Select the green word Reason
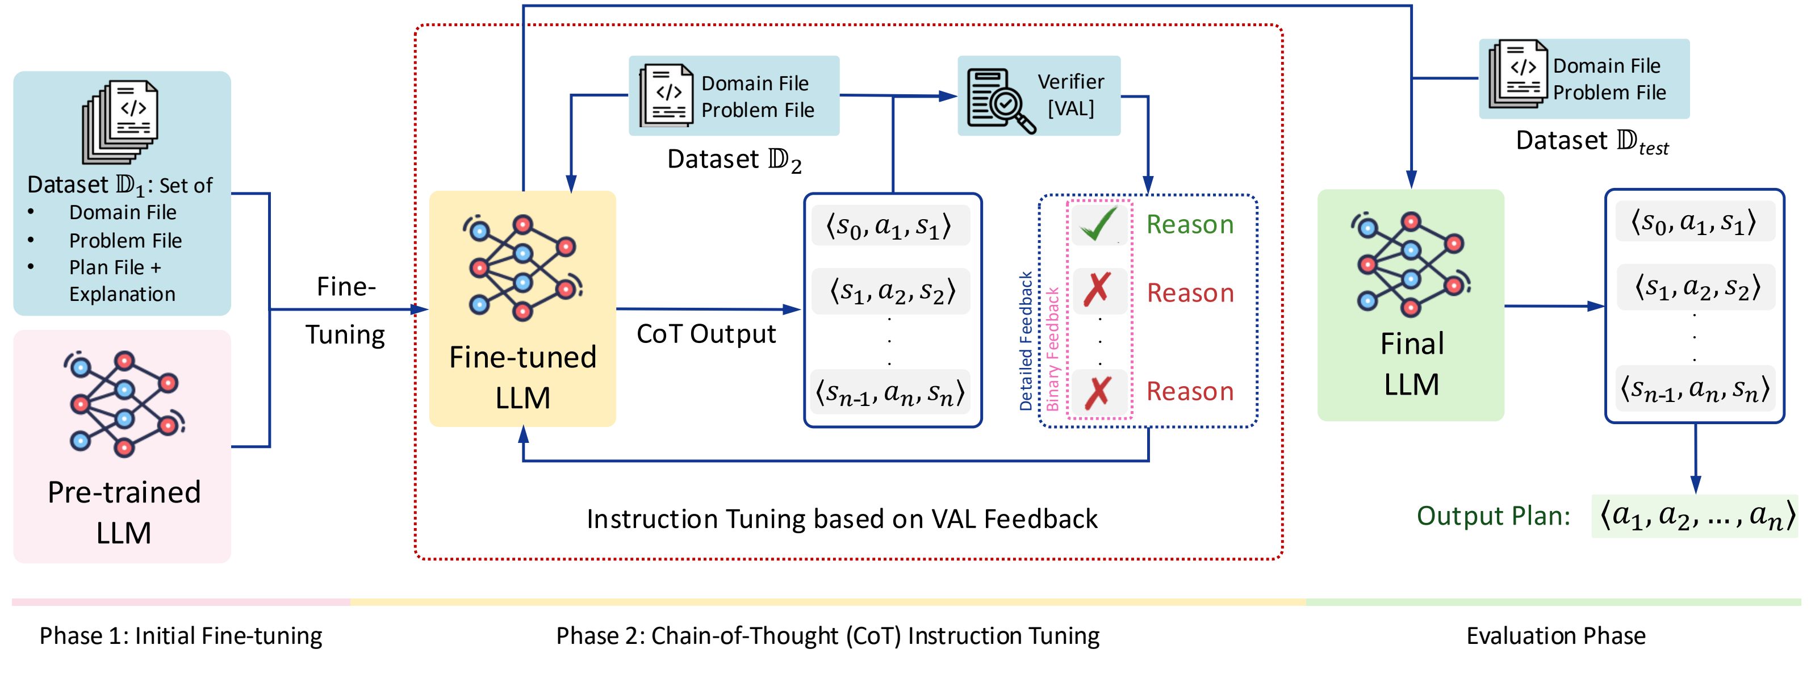1190,225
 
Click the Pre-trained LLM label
124,512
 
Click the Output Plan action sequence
1695,516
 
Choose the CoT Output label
706,334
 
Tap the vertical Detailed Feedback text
1026,341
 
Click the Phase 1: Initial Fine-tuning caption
181,636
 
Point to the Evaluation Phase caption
1555,636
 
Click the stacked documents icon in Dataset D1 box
121,121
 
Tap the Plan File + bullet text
115,267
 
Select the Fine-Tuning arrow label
345,310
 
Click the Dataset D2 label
734,160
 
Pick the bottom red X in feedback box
1097,392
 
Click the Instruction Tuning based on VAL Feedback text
842,519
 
